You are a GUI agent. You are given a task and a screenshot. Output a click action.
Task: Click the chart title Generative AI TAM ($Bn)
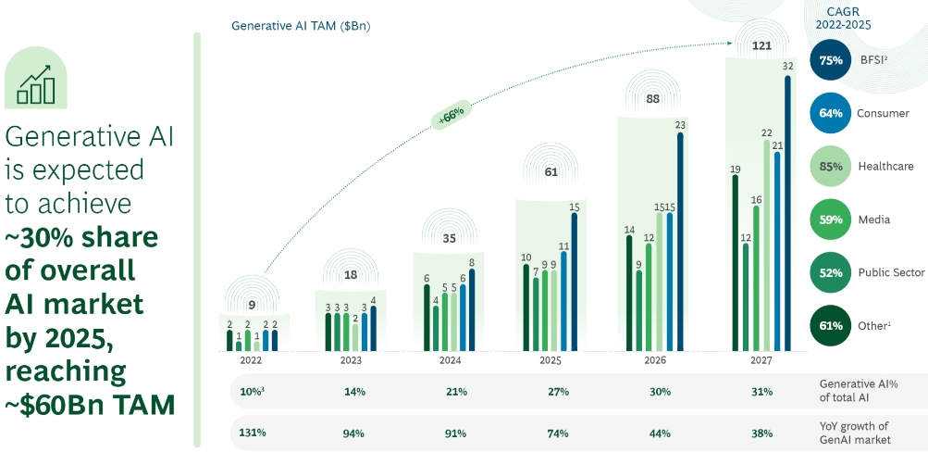(x=300, y=25)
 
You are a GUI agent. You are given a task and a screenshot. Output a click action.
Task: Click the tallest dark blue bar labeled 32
(x=787, y=213)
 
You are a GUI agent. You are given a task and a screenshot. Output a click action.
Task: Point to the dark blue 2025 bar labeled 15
(x=574, y=282)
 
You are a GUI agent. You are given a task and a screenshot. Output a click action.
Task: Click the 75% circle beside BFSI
(x=830, y=61)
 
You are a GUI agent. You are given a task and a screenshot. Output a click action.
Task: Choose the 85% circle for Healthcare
(x=830, y=167)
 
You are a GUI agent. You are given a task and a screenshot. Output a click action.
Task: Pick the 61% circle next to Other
(x=830, y=325)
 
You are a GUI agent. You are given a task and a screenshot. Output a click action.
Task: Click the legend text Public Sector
(x=890, y=272)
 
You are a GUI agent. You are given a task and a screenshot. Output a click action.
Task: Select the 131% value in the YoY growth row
(x=253, y=433)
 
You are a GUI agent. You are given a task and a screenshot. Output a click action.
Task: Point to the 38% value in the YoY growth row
(x=762, y=433)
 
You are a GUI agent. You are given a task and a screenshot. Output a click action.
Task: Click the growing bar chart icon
(x=36, y=83)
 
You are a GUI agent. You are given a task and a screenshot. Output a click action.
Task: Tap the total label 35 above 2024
(x=449, y=238)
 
